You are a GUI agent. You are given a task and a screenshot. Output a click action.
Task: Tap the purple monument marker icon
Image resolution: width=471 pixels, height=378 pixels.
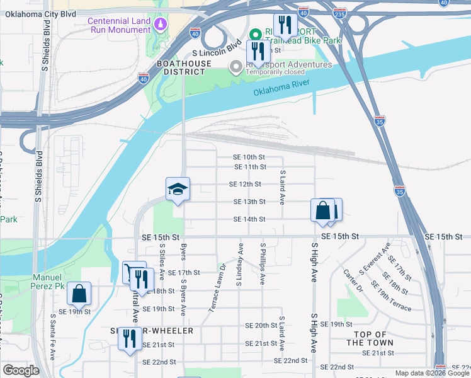point(161,24)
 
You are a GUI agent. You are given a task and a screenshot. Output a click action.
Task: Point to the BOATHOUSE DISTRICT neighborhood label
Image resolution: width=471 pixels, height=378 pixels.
point(180,67)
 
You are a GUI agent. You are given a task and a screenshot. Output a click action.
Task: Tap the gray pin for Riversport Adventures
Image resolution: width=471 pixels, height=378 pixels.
point(237,66)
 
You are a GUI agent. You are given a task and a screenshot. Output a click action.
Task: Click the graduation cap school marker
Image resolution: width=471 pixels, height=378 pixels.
point(178,190)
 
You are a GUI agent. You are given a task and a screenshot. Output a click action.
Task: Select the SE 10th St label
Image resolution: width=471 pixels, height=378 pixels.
point(250,157)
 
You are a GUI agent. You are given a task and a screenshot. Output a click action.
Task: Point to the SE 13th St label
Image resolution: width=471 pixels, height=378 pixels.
point(249,202)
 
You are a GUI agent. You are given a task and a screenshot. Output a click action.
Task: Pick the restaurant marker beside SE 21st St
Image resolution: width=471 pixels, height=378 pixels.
point(130,338)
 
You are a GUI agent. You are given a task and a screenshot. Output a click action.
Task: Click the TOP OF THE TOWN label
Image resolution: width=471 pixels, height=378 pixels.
point(370,338)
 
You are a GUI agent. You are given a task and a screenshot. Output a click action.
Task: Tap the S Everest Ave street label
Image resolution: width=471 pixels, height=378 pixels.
point(375,258)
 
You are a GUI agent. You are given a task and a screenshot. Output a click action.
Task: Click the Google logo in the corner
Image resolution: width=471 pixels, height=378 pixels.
point(21,370)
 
